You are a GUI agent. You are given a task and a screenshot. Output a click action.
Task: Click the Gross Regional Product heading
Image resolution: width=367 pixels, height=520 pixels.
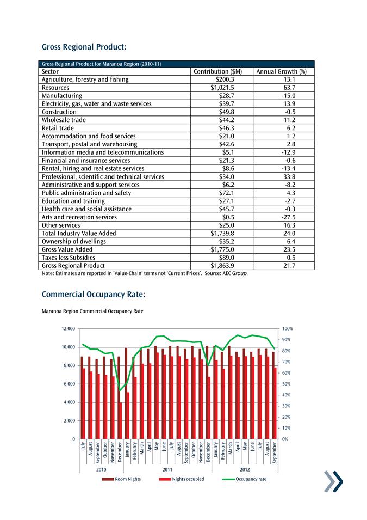pyautogui.click(x=84, y=47)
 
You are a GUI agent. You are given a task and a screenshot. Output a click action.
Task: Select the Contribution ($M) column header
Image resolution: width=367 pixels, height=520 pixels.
pyautogui.click(x=218, y=71)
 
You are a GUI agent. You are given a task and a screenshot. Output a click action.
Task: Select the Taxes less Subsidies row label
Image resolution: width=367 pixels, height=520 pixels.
pyautogui.click(x=69, y=258)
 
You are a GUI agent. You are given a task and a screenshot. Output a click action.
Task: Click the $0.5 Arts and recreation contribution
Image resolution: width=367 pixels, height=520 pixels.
pyautogui.click(x=226, y=217)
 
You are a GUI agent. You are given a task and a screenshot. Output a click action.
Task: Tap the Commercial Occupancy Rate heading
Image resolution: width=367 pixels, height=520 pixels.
pyautogui.click(x=93, y=295)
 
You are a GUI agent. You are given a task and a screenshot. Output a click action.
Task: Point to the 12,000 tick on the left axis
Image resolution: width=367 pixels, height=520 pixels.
pyautogui.click(x=67, y=329)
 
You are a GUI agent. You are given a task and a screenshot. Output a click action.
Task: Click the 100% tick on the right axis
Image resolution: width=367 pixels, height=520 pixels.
pyautogui.click(x=288, y=329)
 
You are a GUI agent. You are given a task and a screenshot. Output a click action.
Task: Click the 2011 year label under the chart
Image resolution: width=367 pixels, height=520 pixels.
pyautogui.click(x=167, y=469)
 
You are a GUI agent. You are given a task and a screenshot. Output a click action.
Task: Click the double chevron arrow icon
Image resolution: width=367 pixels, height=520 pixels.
pyautogui.click(x=333, y=482)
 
